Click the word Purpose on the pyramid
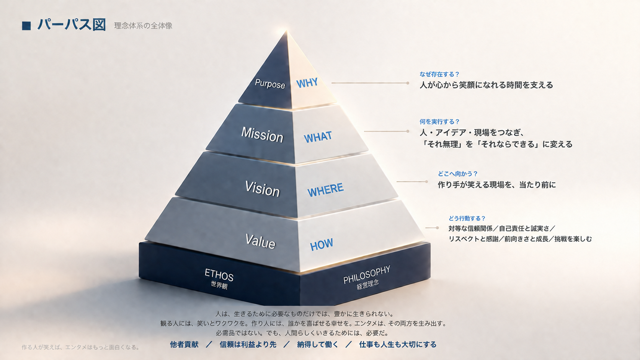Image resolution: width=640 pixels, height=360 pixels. tap(270, 84)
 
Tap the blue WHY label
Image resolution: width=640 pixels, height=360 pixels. tap(307, 83)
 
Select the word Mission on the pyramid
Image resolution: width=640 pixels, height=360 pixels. tap(262, 134)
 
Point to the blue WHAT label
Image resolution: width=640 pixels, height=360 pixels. tap(318, 137)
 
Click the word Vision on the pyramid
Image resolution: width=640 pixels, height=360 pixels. tap(262, 189)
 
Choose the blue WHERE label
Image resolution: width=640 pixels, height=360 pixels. tap(325, 189)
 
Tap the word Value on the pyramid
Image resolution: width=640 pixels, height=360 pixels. tap(260, 241)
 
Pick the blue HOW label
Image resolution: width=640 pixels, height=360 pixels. tap(322, 244)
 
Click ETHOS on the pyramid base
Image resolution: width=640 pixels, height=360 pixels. tap(219, 275)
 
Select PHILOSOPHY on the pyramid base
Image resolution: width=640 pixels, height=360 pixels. tap(367, 275)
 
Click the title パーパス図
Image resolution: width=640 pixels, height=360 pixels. tap(72, 25)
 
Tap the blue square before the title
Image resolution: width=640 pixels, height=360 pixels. tap(26, 26)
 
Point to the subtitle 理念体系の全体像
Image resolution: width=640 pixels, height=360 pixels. tap(143, 26)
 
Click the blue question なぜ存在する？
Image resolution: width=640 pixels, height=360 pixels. tap(439, 74)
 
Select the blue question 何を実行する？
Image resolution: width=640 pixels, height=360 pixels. tap(439, 122)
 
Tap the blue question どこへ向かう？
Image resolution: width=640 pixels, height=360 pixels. tap(458, 174)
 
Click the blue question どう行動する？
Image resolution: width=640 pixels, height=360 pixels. tap(467, 218)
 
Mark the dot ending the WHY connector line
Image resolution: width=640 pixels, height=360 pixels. tap(408, 83)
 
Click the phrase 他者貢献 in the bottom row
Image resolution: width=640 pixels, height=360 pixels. tap(184, 345)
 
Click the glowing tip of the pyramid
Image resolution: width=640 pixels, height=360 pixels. tap(286, 31)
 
